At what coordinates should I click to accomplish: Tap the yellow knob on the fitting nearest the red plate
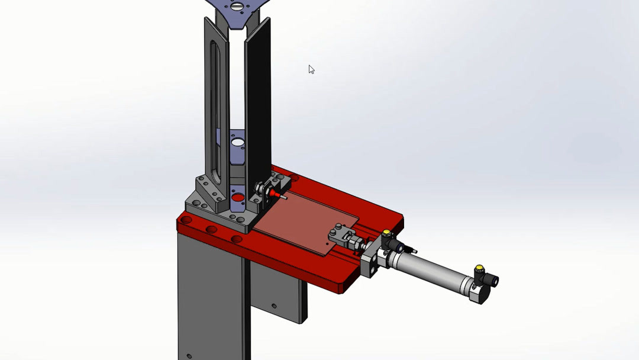[x=386, y=233]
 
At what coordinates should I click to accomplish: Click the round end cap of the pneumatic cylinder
[x=478, y=291]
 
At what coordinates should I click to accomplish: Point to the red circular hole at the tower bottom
[x=238, y=198]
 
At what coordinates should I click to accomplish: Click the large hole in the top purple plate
[x=237, y=7]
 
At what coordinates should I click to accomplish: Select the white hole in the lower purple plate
[x=237, y=143]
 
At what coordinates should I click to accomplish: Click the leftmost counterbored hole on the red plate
[x=187, y=220]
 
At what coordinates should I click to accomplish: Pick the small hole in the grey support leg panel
[x=273, y=306]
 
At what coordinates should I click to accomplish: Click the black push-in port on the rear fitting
[x=493, y=280]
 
